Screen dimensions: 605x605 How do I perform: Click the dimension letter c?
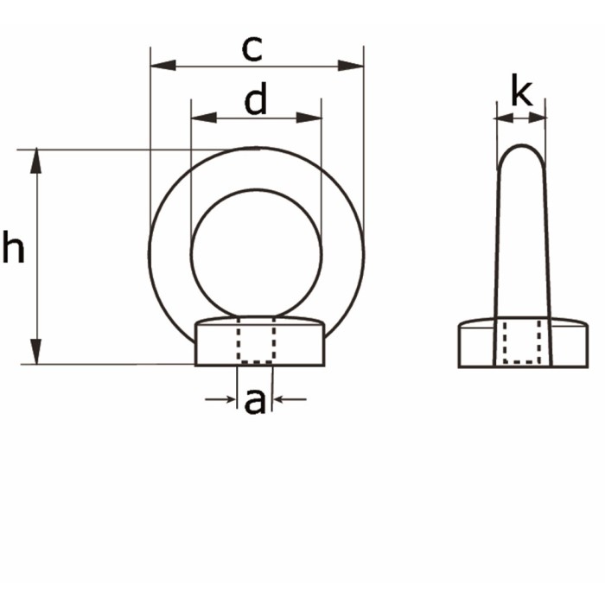click(x=252, y=49)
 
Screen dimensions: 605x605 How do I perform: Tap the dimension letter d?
click(x=256, y=99)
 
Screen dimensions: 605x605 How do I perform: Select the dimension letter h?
click(x=14, y=246)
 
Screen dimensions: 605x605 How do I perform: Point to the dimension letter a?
click(x=255, y=402)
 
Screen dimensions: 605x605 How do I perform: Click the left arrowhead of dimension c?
click(x=163, y=66)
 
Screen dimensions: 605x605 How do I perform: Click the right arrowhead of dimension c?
click(x=351, y=66)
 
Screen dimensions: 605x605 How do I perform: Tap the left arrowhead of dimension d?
click(x=204, y=118)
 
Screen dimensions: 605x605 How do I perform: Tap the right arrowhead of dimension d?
click(x=309, y=118)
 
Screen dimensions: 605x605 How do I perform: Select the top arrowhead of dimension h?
click(x=36, y=161)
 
